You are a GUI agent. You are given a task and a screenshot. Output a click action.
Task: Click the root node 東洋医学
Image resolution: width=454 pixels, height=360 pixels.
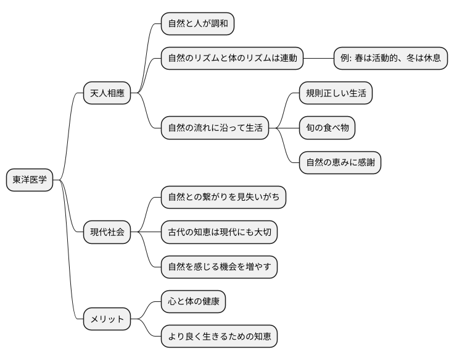pyautogui.click(x=30, y=180)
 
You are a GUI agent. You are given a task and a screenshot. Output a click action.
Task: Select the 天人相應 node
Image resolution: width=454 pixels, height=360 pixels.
pyautogui.click(x=107, y=93)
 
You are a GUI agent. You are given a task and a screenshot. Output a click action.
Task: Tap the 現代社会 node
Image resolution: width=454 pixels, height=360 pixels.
pyautogui.click(x=107, y=232)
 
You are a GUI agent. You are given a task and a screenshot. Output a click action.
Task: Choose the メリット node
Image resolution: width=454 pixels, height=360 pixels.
pyautogui.click(x=107, y=319)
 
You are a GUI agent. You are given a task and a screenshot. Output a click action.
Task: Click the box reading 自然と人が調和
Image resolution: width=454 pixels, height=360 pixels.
pyautogui.click(x=197, y=24)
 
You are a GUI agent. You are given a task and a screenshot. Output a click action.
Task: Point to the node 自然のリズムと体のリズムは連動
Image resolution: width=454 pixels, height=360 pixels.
pyautogui.click(x=233, y=59)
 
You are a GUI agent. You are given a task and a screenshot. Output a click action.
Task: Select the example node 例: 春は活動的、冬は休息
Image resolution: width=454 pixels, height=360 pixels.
pyautogui.click(x=390, y=59)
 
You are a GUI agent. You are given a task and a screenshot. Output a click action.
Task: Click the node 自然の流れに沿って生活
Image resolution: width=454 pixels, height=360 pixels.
pyautogui.click(x=215, y=128)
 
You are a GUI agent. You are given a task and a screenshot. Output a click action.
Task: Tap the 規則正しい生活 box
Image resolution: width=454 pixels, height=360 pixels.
pyautogui.click(x=336, y=93)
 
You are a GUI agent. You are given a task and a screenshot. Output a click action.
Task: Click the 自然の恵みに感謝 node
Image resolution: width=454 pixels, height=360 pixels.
pyautogui.click(x=340, y=162)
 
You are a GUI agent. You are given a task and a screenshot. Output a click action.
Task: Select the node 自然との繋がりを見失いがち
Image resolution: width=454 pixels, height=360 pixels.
pyautogui.click(x=223, y=198)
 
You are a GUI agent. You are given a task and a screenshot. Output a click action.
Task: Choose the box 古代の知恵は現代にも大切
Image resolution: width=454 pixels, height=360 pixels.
pyautogui.click(x=219, y=232)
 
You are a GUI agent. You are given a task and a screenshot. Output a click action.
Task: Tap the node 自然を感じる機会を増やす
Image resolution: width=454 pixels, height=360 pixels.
pyautogui.click(x=219, y=267)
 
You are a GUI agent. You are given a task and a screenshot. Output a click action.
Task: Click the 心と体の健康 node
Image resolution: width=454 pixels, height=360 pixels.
pyautogui.click(x=193, y=302)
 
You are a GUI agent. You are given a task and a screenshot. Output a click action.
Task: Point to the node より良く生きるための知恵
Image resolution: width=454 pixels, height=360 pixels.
pyautogui.click(x=219, y=337)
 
